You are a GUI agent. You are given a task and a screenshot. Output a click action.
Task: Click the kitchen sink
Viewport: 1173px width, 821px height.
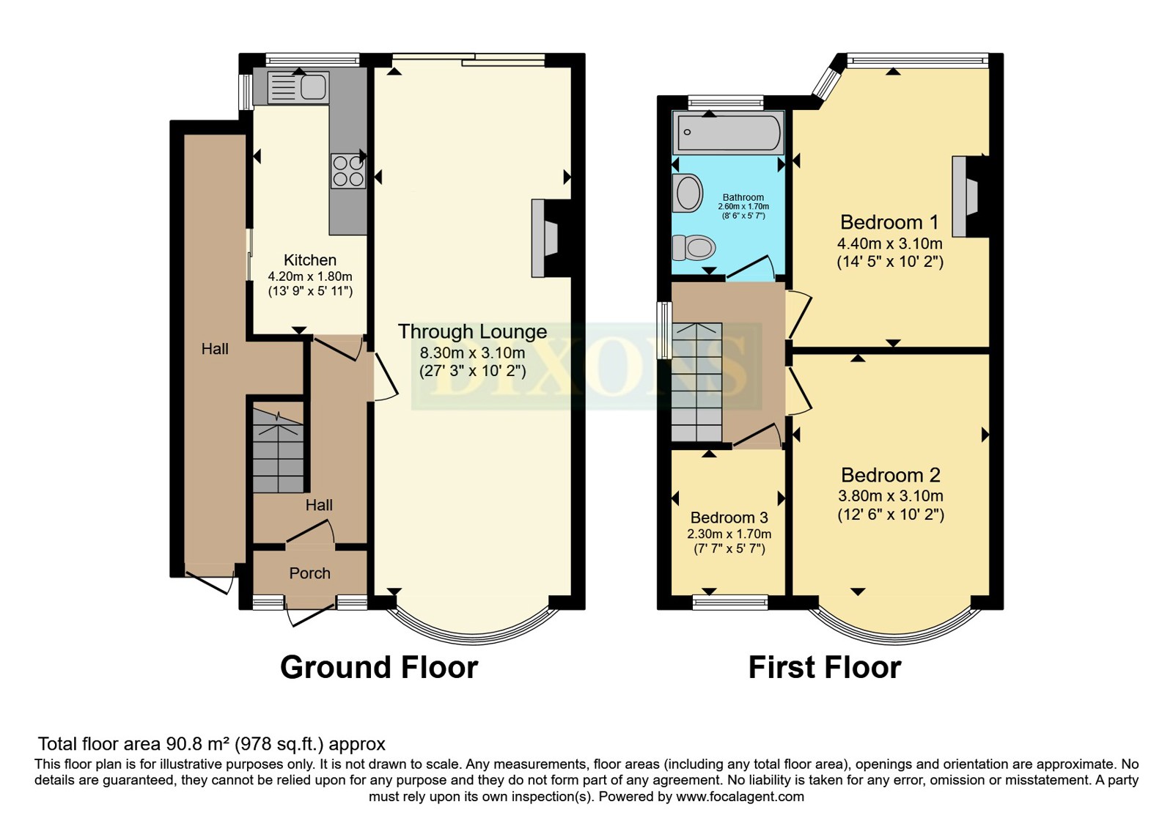pyautogui.click(x=298, y=87)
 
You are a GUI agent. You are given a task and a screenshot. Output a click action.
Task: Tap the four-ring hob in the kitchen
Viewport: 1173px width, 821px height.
pyautogui.click(x=348, y=171)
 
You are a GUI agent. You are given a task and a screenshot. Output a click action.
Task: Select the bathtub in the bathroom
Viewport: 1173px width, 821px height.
pyautogui.click(x=729, y=133)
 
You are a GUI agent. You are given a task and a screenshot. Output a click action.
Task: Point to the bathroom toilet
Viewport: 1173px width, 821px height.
pyautogui.click(x=694, y=247)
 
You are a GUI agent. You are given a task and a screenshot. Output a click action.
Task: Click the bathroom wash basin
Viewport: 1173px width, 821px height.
pyautogui.click(x=688, y=194)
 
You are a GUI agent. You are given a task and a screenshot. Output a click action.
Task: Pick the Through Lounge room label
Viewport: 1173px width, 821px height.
pyautogui.click(x=472, y=331)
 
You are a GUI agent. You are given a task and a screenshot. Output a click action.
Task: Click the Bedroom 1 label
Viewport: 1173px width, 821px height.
pyautogui.click(x=889, y=222)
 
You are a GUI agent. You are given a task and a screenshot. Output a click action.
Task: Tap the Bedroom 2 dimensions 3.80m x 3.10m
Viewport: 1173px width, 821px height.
pyautogui.click(x=891, y=496)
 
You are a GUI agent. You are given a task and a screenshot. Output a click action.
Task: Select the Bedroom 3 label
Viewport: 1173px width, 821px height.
pyautogui.click(x=729, y=518)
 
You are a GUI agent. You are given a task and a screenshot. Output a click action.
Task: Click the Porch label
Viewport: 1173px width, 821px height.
pyautogui.click(x=309, y=573)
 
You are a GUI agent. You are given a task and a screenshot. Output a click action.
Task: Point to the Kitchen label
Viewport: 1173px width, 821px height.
pyautogui.click(x=310, y=259)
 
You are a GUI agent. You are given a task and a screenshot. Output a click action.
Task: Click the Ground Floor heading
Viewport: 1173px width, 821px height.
pyautogui.click(x=379, y=668)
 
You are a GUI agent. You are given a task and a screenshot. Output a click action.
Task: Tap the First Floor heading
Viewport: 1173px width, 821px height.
pyautogui.click(x=825, y=668)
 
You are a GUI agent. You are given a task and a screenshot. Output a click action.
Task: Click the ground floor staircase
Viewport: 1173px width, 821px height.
pyautogui.click(x=278, y=450)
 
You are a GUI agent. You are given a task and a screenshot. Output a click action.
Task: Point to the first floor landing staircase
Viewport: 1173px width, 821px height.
pyautogui.click(x=696, y=382)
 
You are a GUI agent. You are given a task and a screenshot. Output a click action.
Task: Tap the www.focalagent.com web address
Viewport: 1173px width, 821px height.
pyautogui.click(x=740, y=797)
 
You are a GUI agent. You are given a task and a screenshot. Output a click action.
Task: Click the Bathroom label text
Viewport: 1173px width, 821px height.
pyautogui.click(x=743, y=197)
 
